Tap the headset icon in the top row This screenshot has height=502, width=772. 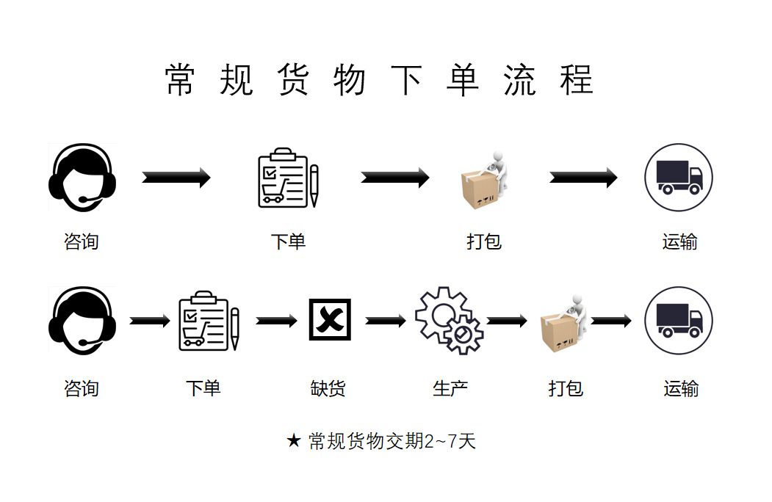point(82,176)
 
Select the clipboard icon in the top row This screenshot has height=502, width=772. point(287,178)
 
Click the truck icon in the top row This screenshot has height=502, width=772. point(678,178)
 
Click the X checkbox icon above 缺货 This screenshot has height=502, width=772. point(329,320)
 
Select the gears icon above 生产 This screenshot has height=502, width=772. point(449,321)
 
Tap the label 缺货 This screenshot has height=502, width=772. point(328,388)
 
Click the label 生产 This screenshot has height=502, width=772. point(450,388)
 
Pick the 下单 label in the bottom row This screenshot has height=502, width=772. point(203,388)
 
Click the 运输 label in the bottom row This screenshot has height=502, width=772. point(681,388)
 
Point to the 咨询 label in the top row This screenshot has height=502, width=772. point(82,241)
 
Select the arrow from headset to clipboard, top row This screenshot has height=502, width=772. point(176,178)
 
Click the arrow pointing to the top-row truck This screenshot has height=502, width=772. point(583,178)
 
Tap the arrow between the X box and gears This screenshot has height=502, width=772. point(386,321)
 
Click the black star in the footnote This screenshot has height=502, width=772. point(294,441)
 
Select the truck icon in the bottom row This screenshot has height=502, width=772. point(678,321)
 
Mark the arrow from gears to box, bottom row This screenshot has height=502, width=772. point(507,321)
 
